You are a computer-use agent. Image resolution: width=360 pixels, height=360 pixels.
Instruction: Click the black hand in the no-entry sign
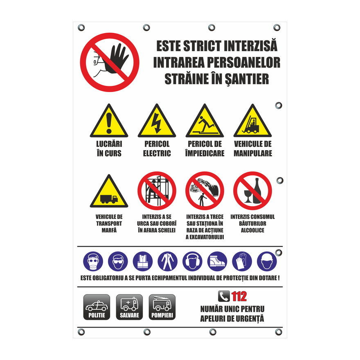(x=116, y=59)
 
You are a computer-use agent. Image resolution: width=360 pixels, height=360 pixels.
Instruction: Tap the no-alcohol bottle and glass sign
(x=252, y=191)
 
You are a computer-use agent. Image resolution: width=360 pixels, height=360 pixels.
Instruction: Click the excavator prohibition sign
(x=205, y=191)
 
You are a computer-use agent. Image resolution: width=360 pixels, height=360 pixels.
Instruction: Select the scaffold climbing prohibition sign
(x=157, y=191)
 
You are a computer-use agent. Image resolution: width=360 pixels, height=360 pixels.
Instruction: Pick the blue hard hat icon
(x=267, y=261)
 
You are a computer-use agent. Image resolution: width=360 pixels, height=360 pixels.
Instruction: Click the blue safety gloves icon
(x=242, y=261)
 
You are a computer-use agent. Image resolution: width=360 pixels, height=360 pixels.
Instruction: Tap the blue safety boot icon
(x=217, y=261)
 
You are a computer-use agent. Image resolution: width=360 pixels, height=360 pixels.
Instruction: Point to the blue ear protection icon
(x=192, y=261)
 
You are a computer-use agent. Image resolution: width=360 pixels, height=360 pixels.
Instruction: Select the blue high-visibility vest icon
(x=143, y=261)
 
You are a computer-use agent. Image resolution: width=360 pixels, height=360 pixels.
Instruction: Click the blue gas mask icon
(x=93, y=261)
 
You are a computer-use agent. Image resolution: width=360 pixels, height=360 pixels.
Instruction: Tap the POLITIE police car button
(x=97, y=307)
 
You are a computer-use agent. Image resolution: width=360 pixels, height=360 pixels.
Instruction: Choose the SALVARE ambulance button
(x=129, y=307)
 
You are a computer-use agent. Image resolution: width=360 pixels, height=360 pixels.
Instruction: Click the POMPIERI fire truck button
(x=162, y=307)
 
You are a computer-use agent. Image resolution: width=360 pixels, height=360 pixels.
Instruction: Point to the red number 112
(x=239, y=297)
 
